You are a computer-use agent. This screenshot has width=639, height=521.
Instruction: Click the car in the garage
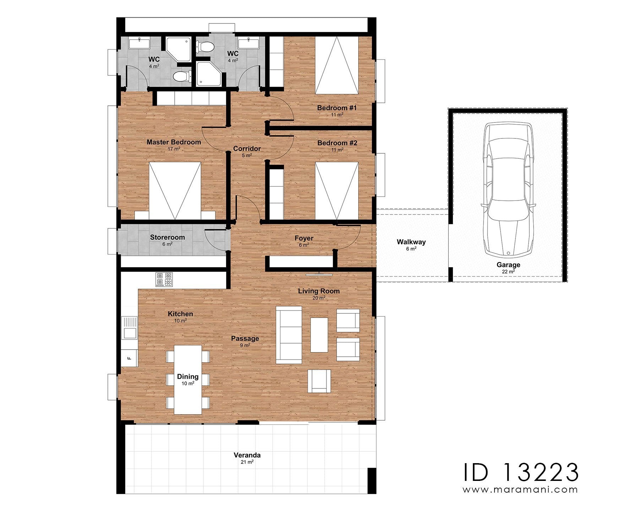coord(508,189)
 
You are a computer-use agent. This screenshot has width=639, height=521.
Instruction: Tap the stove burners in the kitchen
coord(164,279)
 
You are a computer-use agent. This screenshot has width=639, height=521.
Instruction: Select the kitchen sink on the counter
coord(130,328)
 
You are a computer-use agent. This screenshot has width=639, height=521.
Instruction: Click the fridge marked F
coord(130,358)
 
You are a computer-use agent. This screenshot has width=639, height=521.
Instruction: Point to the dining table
coord(188,380)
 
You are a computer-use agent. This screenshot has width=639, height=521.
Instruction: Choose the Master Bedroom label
coord(174,142)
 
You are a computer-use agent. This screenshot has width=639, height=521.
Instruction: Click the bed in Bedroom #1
coord(337,65)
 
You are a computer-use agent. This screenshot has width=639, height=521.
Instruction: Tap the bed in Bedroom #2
coord(337,191)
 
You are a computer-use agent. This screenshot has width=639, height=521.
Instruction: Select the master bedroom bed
coord(175,191)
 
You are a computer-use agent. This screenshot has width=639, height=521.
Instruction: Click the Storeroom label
coord(167,237)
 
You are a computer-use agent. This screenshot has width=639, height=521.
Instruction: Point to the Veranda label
coord(247,455)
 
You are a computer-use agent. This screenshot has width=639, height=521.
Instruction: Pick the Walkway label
coord(411,242)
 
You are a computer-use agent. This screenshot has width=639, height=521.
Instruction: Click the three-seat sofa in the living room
coord(289,335)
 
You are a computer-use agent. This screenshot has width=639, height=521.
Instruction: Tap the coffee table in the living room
coord(319,335)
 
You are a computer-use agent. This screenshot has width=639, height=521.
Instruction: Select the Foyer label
coord(304,238)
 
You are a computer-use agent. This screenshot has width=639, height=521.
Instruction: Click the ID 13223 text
coord(521,472)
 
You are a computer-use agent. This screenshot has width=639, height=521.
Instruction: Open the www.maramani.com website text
coord(520,490)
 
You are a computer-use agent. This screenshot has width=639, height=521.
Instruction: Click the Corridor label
coord(247,149)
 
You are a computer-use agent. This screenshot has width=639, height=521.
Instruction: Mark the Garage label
coord(508,265)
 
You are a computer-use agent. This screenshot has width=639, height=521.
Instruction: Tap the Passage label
coord(245,339)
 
